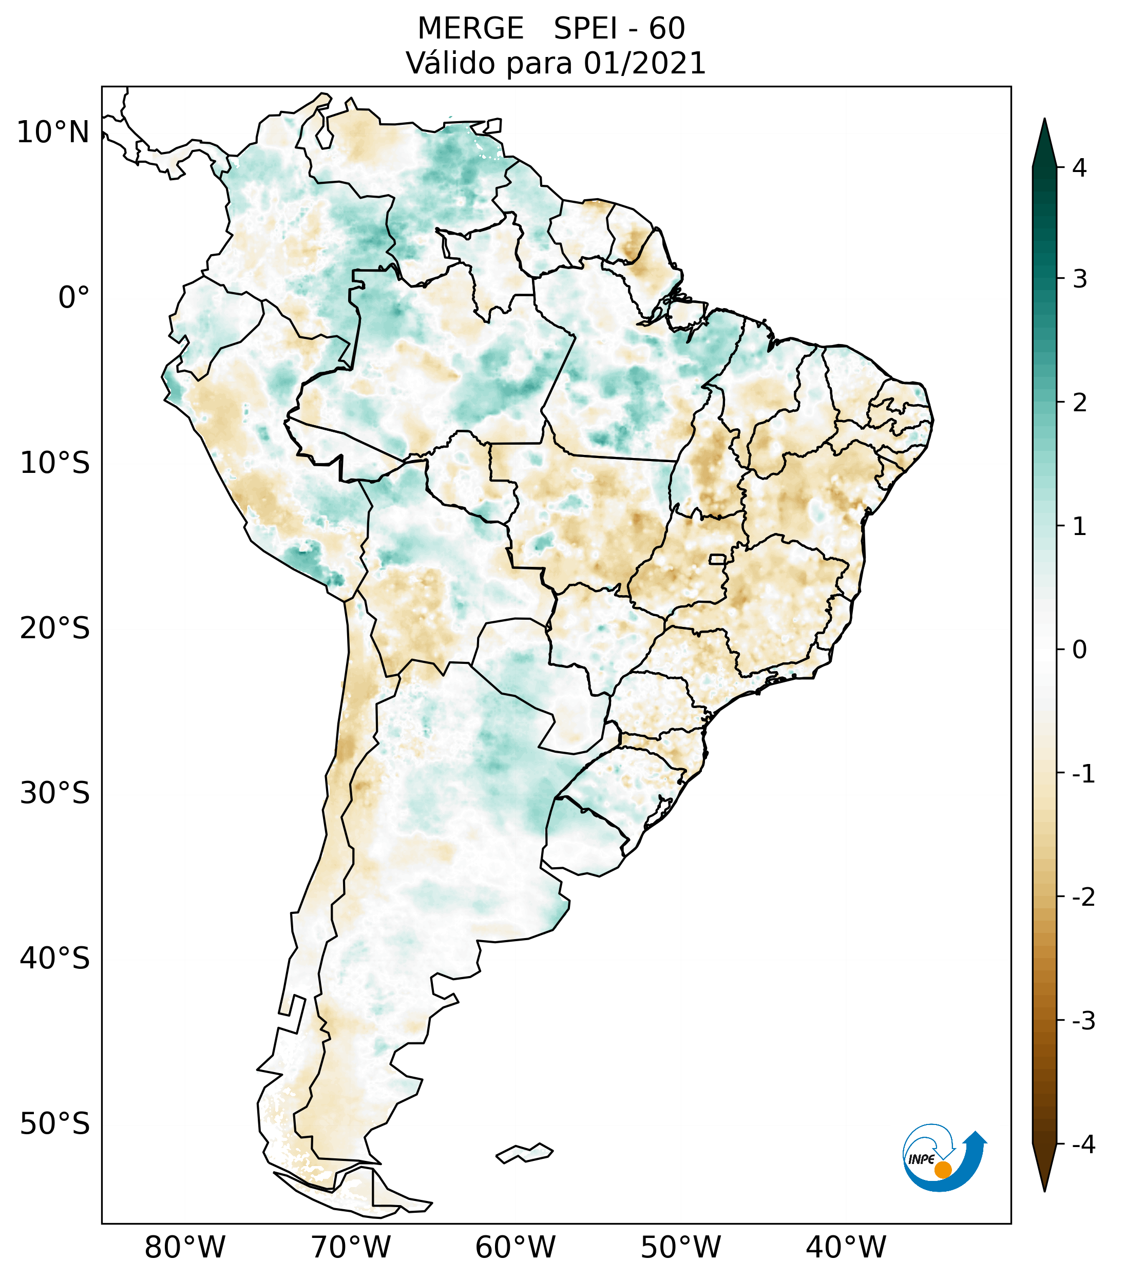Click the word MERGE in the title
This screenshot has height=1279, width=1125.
pyautogui.click(x=470, y=29)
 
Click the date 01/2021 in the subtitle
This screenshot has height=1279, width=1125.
pyautogui.click(x=644, y=63)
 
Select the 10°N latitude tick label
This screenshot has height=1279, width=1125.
pyautogui.click(x=53, y=132)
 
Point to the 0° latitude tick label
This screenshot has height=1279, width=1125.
pyautogui.click(x=73, y=298)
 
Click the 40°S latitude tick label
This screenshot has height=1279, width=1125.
pyautogui.click(x=55, y=958)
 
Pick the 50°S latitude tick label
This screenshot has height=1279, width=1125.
pyautogui.click(x=55, y=1124)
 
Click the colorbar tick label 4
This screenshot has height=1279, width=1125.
pyautogui.click(x=1079, y=168)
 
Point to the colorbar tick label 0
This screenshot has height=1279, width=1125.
pyautogui.click(x=1079, y=650)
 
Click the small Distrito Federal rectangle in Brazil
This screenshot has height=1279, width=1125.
pyautogui.click(x=718, y=558)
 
